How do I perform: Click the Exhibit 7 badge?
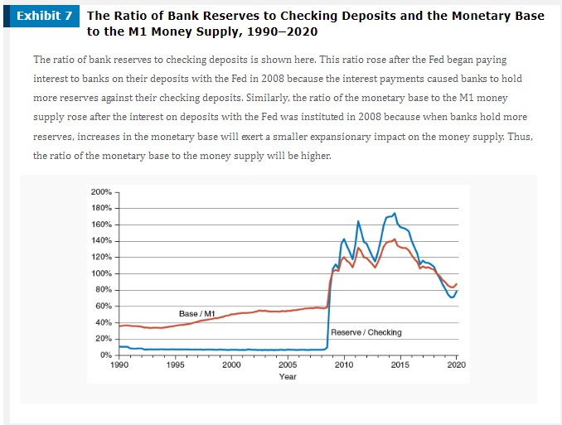pos(46,17)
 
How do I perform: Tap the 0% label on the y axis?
pos(104,355)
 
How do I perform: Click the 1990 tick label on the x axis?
pos(119,365)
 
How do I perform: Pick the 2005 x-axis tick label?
pos(288,365)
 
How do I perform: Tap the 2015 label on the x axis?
pos(400,365)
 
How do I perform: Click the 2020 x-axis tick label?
pos(456,365)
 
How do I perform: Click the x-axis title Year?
pos(288,376)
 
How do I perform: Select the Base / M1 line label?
pos(197,313)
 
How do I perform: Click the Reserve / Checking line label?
pos(366,332)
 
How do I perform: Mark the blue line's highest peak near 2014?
pos(394,213)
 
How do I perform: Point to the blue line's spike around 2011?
pos(358,221)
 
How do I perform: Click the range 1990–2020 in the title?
pos(279,31)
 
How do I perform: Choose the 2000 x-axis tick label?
pos(231,365)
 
